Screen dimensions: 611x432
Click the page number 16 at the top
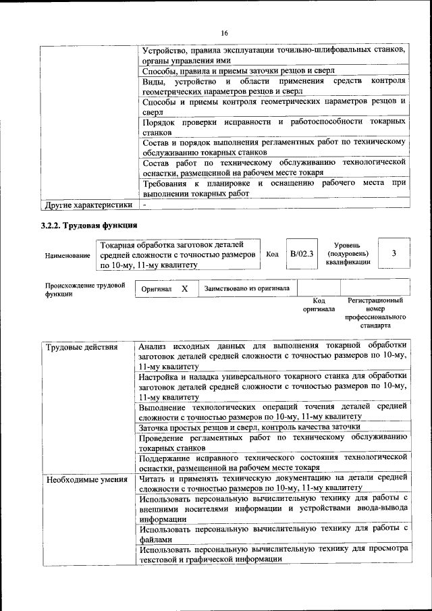(225, 33)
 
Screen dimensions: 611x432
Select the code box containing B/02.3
(301, 254)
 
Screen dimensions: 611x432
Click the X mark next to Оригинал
(184, 288)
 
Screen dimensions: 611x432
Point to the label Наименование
(67, 256)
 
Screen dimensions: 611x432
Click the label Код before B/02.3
(273, 254)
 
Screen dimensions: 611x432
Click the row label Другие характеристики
(88, 204)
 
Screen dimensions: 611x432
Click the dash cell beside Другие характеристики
(144, 204)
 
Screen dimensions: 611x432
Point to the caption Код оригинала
(319, 304)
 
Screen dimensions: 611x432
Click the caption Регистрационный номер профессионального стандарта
(375, 312)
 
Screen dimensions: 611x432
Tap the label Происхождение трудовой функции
(85, 290)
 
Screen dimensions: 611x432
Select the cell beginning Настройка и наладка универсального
(273, 386)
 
